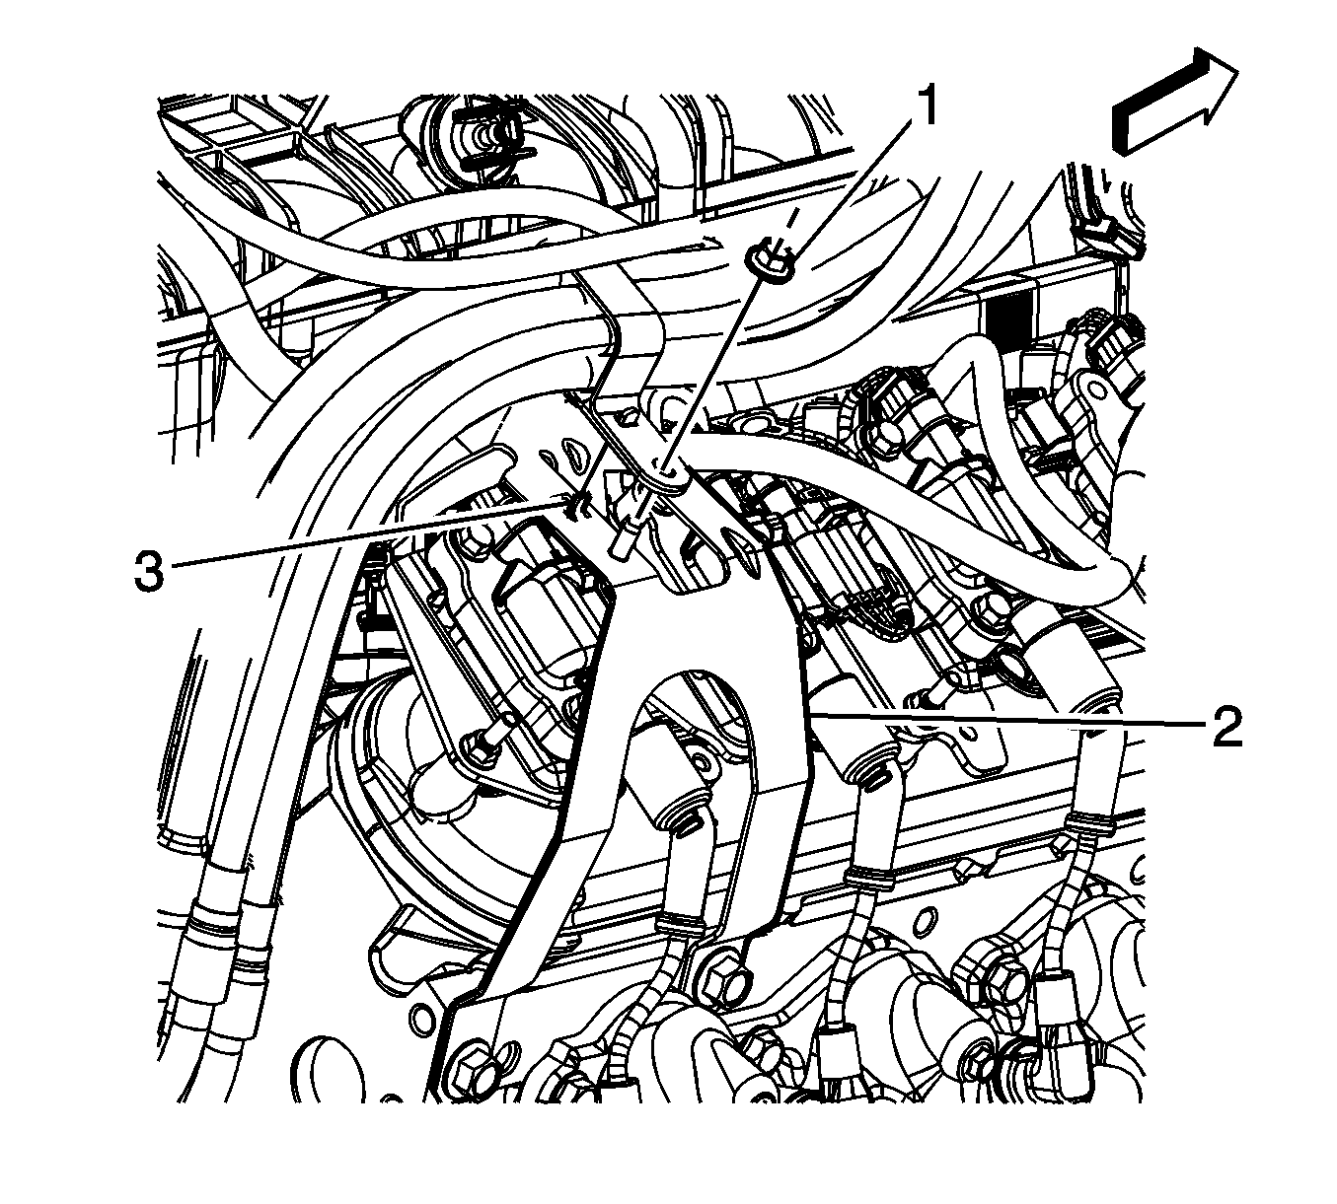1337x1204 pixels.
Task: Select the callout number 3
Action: pyautogui.click(x=149, y=573)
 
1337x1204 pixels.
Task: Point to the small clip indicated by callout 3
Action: pyautogui.click(x=577, y=507)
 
